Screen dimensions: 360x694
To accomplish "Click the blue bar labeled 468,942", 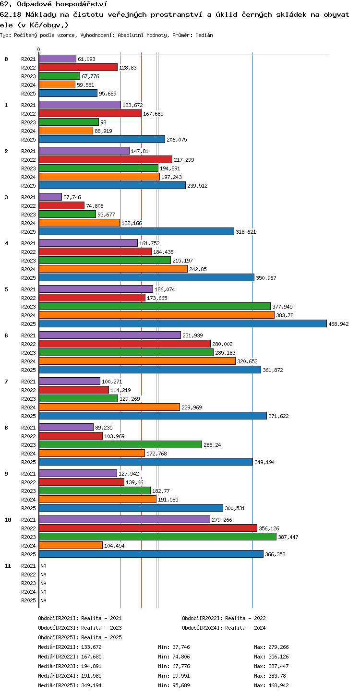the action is pos(183,324).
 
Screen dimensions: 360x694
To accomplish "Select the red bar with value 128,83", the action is pos(78,68).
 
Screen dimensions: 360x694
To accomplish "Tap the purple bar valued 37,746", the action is pos(50,197).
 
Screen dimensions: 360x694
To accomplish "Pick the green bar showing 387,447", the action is pos(158,537).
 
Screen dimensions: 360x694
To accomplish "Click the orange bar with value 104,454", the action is pos(71,546).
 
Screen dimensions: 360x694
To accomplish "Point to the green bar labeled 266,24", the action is pos(120,445).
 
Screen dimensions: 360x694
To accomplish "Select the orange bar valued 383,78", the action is pos(157,315).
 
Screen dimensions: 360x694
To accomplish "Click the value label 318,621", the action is pos(246,232).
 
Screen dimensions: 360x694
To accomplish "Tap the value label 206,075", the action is pos(177,140).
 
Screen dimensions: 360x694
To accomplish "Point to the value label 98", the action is pos(104,122).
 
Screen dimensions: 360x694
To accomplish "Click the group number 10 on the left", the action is pos(8,520).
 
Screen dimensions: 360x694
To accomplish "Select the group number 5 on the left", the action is pos(6,289).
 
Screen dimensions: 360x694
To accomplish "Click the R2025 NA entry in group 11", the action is pos(43,600).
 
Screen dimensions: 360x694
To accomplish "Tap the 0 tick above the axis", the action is pos(39,49).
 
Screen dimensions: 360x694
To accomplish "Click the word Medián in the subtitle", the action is pos(204,36).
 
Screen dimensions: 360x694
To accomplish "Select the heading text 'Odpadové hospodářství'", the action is pos(62,4).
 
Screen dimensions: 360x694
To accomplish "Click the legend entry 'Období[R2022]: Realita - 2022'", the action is pos(224,618).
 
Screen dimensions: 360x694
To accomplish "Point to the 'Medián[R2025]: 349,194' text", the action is pos(70,685).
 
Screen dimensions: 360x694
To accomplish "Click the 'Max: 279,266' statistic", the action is pos(271,647).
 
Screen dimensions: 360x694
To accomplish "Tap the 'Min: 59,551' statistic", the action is pos(174,676).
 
